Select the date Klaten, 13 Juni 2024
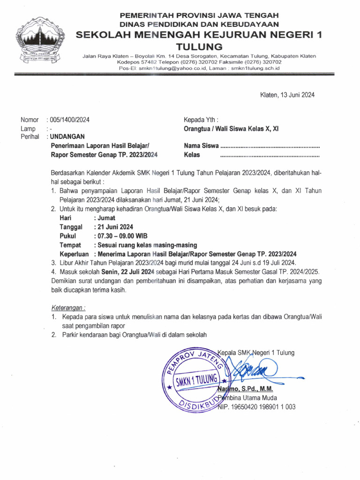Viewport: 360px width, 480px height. (x=287, y=95)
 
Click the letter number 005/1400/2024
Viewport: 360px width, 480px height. (x=68, y=120)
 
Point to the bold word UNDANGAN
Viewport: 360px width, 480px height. (x=67, y=136)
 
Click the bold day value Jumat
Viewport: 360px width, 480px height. (x=105, y=218)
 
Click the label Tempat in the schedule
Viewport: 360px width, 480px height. (x=70, y=245)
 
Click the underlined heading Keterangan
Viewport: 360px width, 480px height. (x=68, y=308)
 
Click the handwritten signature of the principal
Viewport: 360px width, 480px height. (x=248, y=370)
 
